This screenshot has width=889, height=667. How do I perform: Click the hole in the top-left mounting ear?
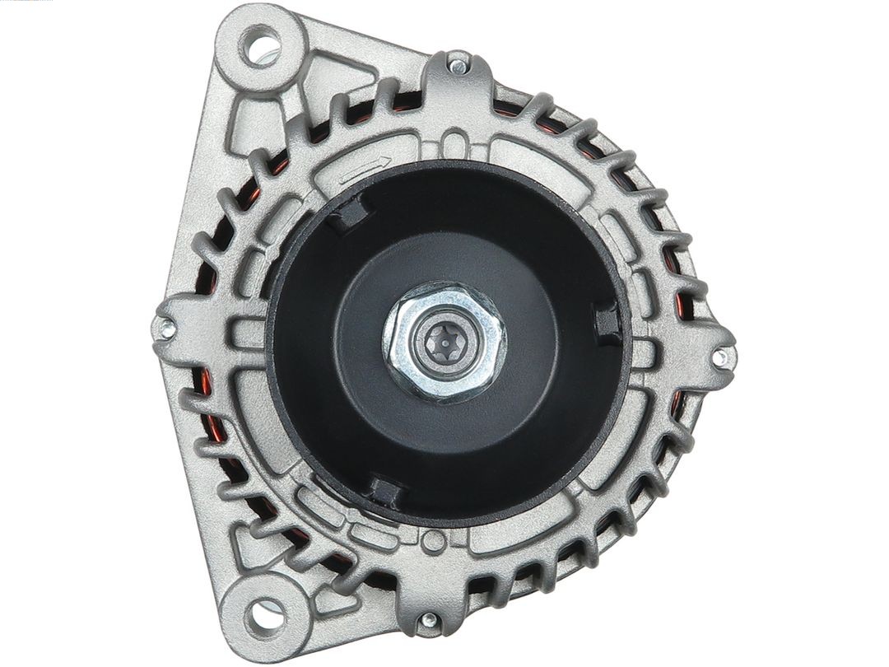[x=262, y=46]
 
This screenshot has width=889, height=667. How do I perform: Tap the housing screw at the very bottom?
[x=428, y=619]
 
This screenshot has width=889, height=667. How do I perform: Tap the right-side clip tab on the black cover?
[x=607, y=321]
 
